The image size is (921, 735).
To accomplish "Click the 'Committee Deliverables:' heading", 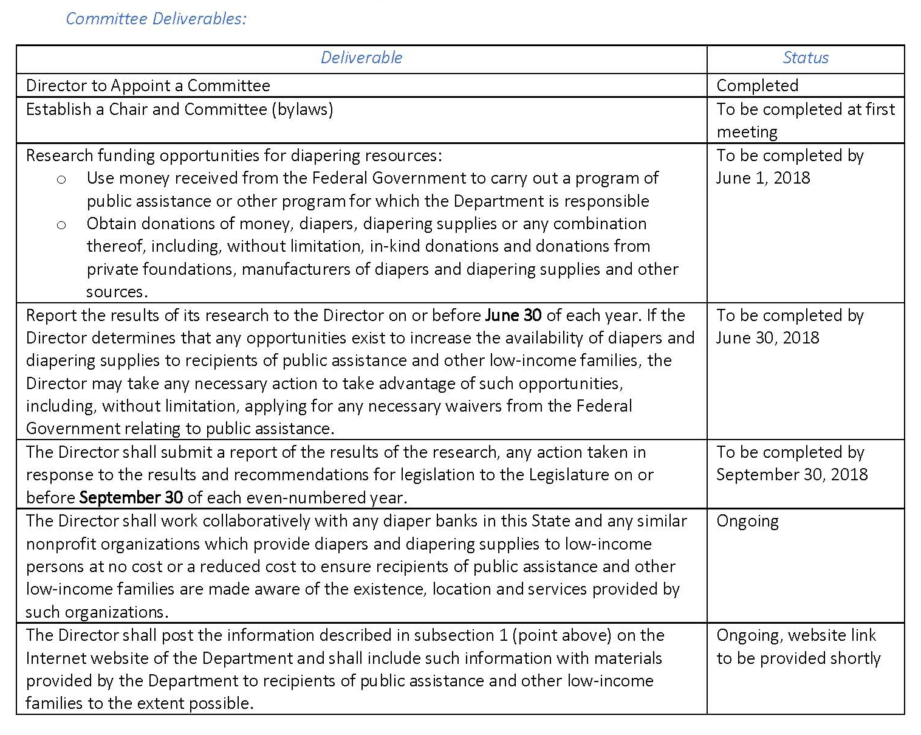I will click(x=156, y=19).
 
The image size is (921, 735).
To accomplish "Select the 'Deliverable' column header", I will click(x=361, y=58).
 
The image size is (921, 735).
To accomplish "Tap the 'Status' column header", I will click(x=806, y=58).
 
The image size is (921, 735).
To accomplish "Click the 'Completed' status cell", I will click(x=758, y=86).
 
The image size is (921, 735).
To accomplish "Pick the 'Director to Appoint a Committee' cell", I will click(x=148, y=86).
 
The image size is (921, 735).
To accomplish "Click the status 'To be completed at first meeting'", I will click(x=806, y=120).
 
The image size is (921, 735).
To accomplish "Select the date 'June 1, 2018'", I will click(x=763, y=178).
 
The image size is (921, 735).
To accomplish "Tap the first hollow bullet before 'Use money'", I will click(x=61, y=179).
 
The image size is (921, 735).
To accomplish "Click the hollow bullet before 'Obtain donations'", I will click(x=61, y=225).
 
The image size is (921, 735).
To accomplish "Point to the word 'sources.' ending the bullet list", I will click(x=117, y=292).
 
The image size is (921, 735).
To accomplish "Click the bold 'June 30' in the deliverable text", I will click(x=513, y=316).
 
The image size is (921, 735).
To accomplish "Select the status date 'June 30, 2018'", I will click(x=768, y=338).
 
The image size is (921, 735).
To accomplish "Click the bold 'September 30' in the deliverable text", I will click(x=131, y=498).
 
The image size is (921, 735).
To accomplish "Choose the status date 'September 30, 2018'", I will click(x=792, y=475).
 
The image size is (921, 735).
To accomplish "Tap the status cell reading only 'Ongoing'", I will click(x=747, y=522).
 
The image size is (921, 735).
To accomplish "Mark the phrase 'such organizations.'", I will click(x=97, y=612).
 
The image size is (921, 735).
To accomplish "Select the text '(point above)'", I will click(x=561, y=635).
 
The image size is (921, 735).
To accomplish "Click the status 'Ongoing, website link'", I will click(x=796, y=635).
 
